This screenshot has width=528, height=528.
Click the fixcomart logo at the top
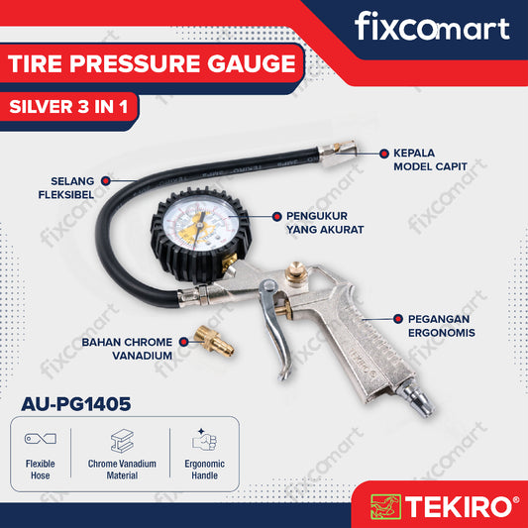coord(431,27)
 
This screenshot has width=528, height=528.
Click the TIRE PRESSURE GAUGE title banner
coord(152,65)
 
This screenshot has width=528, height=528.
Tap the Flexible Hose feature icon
coord(41,438)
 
